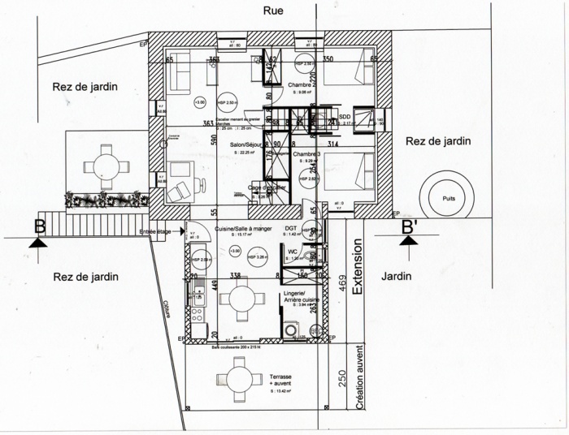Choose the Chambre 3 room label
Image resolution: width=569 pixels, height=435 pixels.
tap(307, 154)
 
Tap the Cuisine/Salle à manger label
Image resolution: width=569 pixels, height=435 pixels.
tap(244, 230)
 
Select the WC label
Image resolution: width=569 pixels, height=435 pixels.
tap(292, 251)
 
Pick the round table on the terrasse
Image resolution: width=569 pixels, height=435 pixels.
tap(239, 379)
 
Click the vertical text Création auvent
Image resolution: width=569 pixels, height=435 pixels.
tap(359, 377)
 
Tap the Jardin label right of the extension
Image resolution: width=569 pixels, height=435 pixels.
tap(395, 276)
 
